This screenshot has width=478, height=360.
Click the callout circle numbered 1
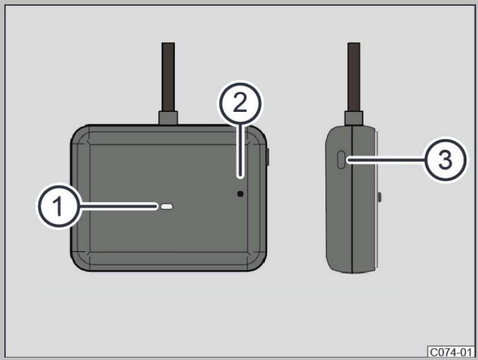[59, 206]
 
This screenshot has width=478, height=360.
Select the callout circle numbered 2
[240, 103]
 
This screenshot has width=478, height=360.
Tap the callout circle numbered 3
[445, 160]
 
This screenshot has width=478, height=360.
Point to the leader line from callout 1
[118, 206]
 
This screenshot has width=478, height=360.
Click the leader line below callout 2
[241, 150]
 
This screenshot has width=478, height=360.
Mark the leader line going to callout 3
[386, 159]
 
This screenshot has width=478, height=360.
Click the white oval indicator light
[167, 207]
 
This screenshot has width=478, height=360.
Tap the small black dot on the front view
[240, 193]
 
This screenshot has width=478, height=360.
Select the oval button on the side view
[342, 160]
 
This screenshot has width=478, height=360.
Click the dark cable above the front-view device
[168, 76]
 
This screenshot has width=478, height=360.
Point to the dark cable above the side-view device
[354, 76]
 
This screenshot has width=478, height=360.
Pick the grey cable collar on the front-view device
[168, 118]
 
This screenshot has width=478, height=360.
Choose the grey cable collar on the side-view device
[354, 118]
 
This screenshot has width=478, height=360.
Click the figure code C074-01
[451, 352]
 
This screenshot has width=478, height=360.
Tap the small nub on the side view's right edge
[380, 197]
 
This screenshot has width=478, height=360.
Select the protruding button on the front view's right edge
[268, 157]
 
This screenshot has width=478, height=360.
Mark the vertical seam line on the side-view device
[352, 199]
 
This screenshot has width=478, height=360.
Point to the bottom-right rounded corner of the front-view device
[258, 262]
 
